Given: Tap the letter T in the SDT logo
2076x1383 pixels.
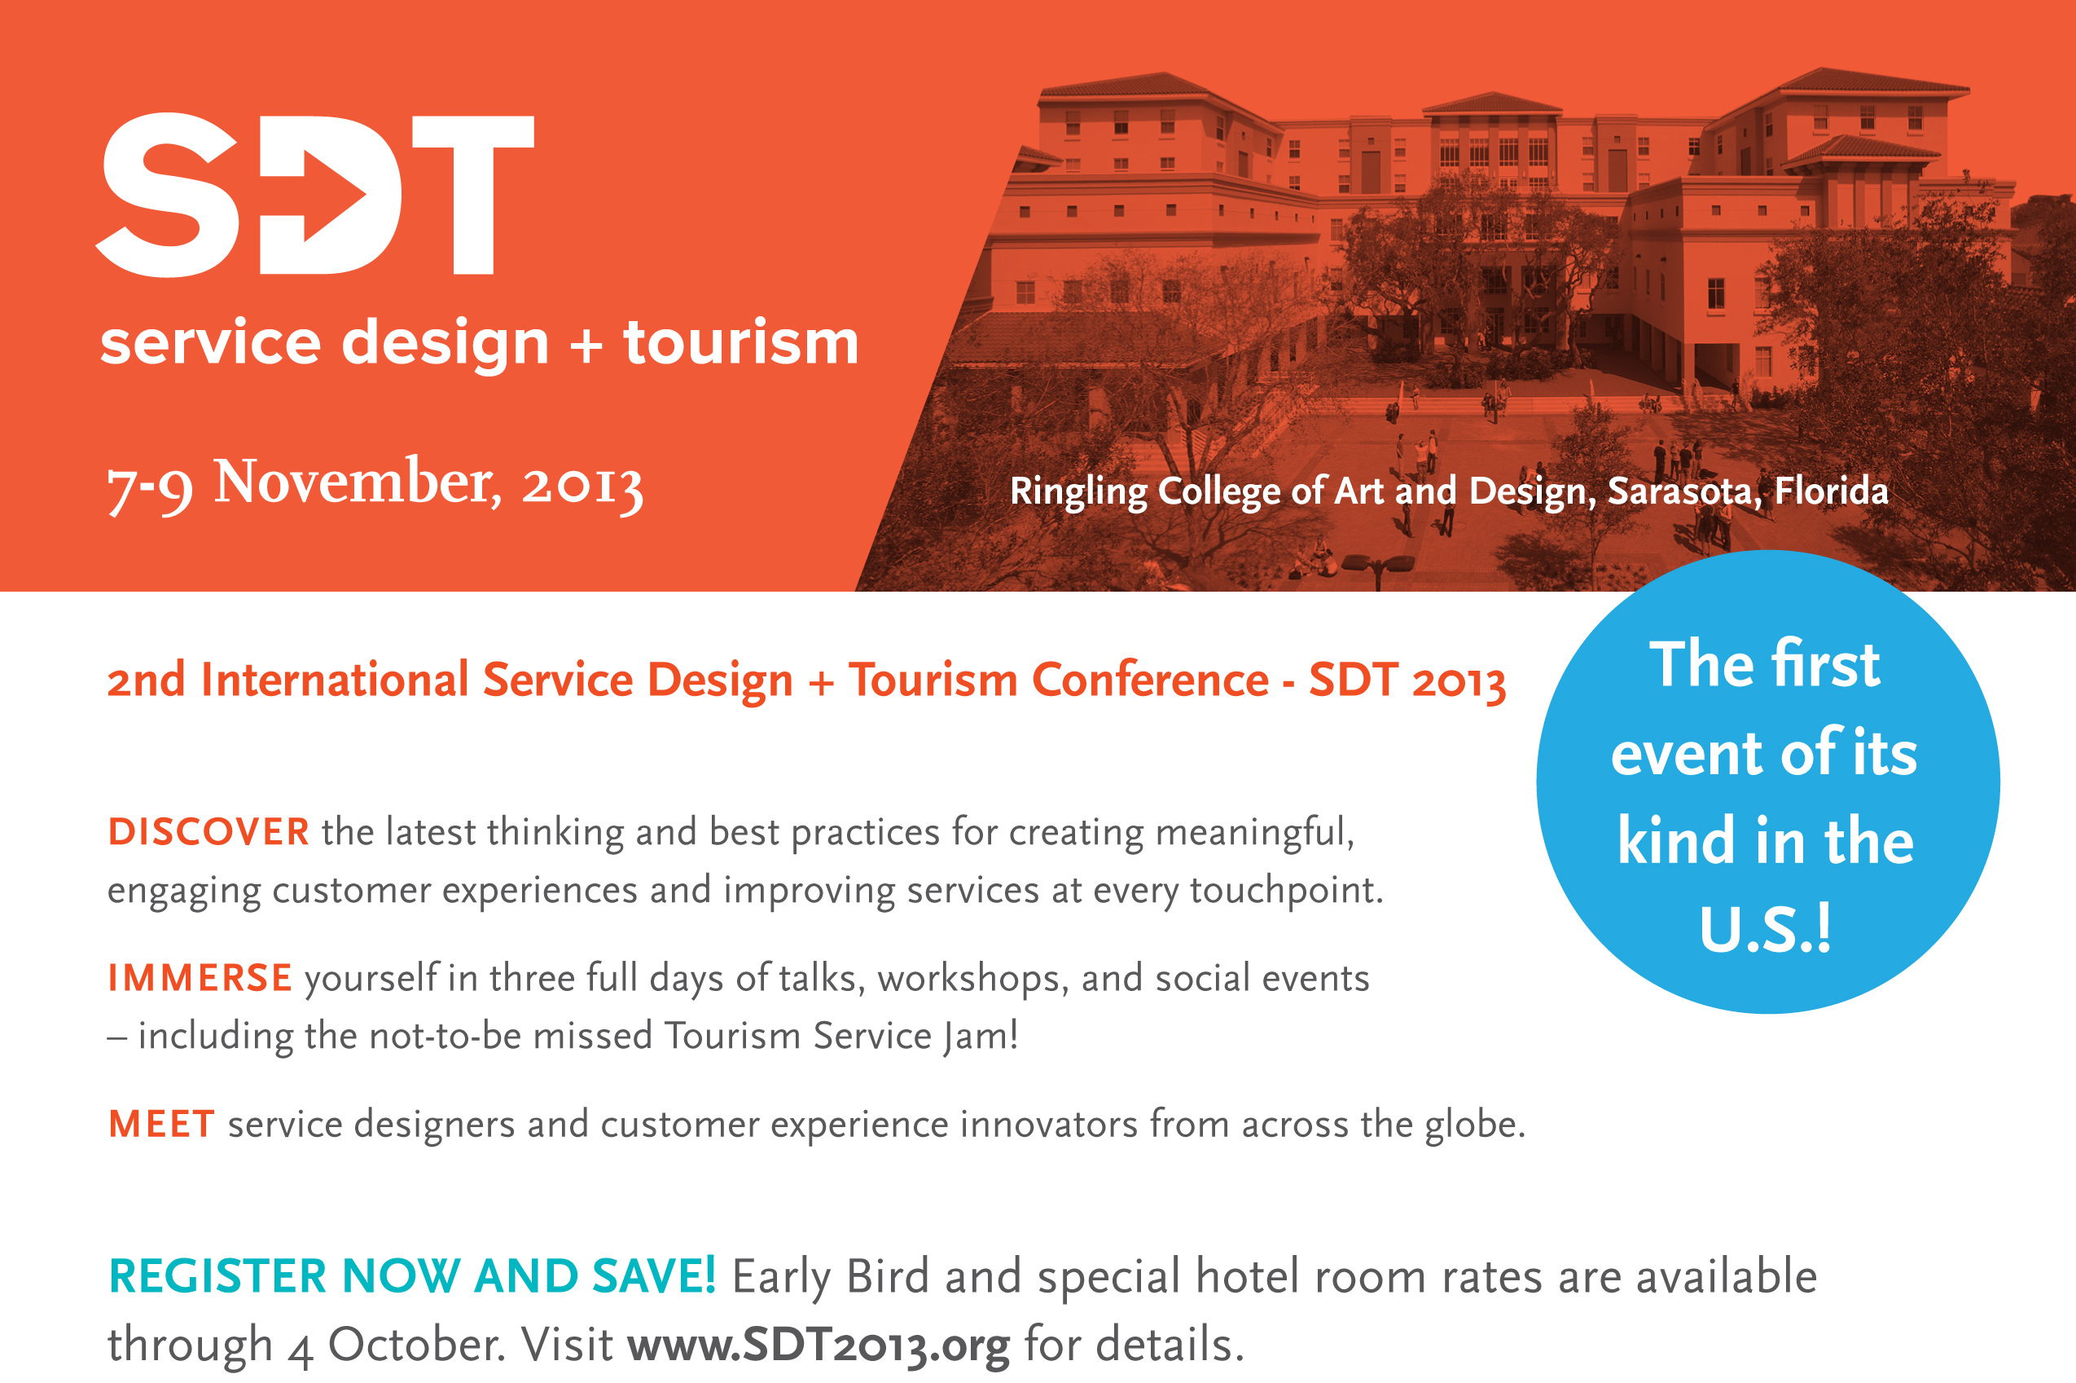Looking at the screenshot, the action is [x=473, y=195].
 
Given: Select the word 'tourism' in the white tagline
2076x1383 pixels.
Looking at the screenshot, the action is [x=741, y=342].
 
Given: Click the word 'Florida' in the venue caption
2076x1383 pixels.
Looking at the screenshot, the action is [x=1831, y=491].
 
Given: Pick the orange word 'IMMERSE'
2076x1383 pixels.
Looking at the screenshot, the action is [x=200, y=977].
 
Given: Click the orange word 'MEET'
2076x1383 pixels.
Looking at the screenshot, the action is [x=161, y=1124].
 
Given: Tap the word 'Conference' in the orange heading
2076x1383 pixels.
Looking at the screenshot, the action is [x=1151, y=680].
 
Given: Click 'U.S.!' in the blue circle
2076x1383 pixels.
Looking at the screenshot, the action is [x=1766, y=930].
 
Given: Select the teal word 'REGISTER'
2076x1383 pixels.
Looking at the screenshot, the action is [x=217, y=1276].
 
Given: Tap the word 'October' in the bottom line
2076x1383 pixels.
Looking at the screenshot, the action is [x=417, y=1344].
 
